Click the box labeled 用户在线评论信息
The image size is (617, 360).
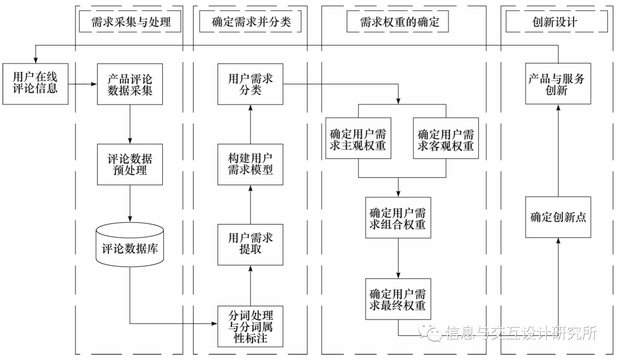(34, 83)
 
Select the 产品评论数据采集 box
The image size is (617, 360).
(130, 83)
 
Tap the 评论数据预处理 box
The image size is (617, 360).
(130, 163)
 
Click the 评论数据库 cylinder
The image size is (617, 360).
(130, 246)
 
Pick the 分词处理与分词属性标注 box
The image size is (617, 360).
(250, 326)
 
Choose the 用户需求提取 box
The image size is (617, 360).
(250, 243)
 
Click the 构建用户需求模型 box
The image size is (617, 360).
(250, 164)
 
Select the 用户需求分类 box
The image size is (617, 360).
(250, 83)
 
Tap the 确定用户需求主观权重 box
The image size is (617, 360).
(358, 139)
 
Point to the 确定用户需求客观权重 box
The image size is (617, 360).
(446, 139)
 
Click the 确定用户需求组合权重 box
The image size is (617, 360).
(398, 218)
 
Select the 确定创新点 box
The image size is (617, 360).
(558, 218)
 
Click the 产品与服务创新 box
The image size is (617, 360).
(558, 83)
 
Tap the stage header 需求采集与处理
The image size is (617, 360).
(131, 22)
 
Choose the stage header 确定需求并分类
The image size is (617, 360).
(251, 22)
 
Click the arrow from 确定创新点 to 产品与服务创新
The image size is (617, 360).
(558, 151)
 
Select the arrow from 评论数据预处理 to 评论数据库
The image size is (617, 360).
(130, 204)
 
